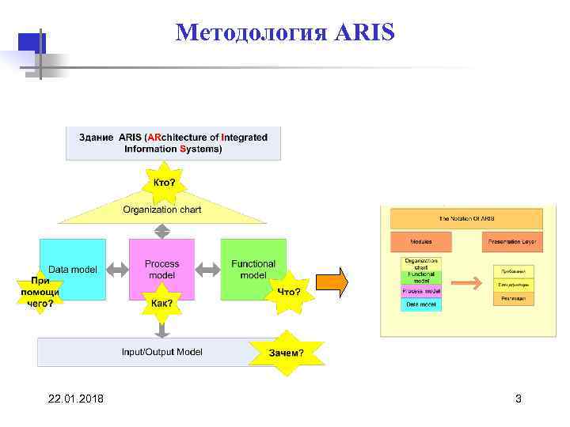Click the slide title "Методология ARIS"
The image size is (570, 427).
pyautogui.click(x=284, y=33)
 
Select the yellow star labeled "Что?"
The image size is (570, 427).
pyautogui.click(x=288, y=292)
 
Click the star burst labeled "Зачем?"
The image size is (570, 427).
pyautogui.click(x=286, y=352)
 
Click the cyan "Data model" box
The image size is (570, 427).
pyautogui.click(x=73, y=270)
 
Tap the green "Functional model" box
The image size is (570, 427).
pyautogui.click(x=253, y=269)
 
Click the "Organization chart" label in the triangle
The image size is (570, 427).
pyautogui.click(x=161, y=210)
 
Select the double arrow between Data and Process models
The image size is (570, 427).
pyautogui.click(x=117, y=270)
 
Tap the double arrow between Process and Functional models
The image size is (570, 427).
pyautogui.click(x=207, y=270)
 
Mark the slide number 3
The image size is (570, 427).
pyautogui.click(x=519, y=399)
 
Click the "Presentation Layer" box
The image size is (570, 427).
pyautogui.click(x=511, y=241)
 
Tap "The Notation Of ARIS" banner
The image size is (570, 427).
pyautogui.click(x=467, y=218)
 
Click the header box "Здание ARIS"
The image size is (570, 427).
pyautogui.click(x=173, y=142)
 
